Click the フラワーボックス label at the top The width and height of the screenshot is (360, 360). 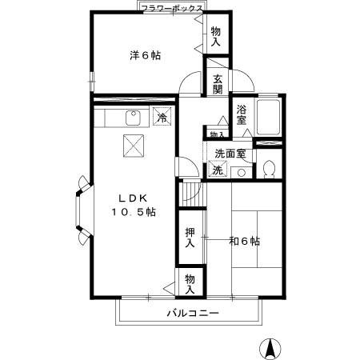(x=170, y=7)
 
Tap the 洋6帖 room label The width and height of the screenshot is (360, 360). (x=145, y=55)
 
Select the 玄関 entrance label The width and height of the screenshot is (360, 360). (x=218, y=83)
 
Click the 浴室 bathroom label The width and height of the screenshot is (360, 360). (x=242, y=115)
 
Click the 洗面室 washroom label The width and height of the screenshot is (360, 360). (x=230, y=153)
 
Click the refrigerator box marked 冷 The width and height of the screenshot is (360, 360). (x=162, y=118)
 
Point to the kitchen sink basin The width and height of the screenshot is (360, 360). (x=132, y=119)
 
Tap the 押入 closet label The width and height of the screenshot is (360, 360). (x=189, y=237)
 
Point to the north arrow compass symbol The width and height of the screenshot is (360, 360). (x=271, y=348)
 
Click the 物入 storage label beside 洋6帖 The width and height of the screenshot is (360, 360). (x=216, y=36)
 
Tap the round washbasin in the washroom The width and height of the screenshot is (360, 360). (x=241, y=171)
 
